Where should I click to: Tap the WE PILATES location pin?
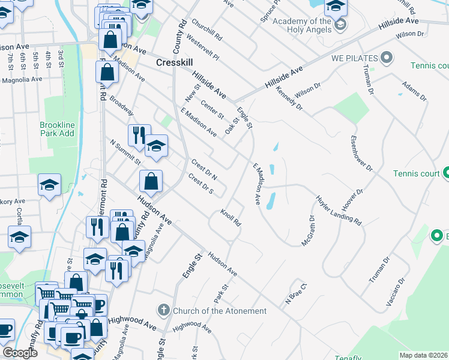(387, 58)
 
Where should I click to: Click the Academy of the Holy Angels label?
(302, 26)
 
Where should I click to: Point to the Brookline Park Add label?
(57, 129)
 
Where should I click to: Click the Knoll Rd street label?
(231, 217)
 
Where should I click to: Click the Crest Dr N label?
(203, 169)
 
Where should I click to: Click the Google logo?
(19, 353)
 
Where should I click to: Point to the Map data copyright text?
(423, 355)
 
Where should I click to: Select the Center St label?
(212, 108)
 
